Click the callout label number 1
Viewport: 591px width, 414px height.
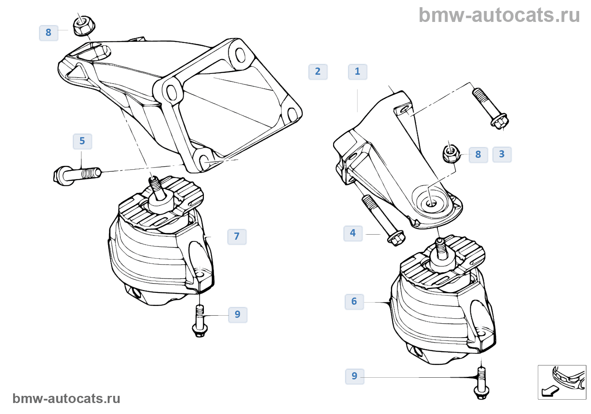coord(358,72)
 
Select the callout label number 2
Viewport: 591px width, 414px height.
coord(318,72)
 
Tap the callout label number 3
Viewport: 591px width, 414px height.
coord(502,154)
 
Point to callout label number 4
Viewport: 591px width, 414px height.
coord(353,233)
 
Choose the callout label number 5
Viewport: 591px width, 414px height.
coord(82,141)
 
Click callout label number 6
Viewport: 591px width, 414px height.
coord(354,302)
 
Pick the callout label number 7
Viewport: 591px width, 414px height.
coord(237,237)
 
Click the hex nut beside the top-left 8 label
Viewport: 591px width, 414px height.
coord(83,26)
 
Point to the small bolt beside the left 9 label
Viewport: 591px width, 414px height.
coord(200,321)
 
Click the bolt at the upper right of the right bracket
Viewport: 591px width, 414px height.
coord(490,107)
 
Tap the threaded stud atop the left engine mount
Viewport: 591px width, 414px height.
coord(157,189)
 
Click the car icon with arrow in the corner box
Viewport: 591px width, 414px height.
coord(562,382)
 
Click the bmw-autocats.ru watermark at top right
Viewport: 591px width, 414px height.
coord(499,15)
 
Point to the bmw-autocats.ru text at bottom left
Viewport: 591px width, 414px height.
coord(66,398)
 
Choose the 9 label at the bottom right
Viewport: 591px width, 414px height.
coord(355,376)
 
